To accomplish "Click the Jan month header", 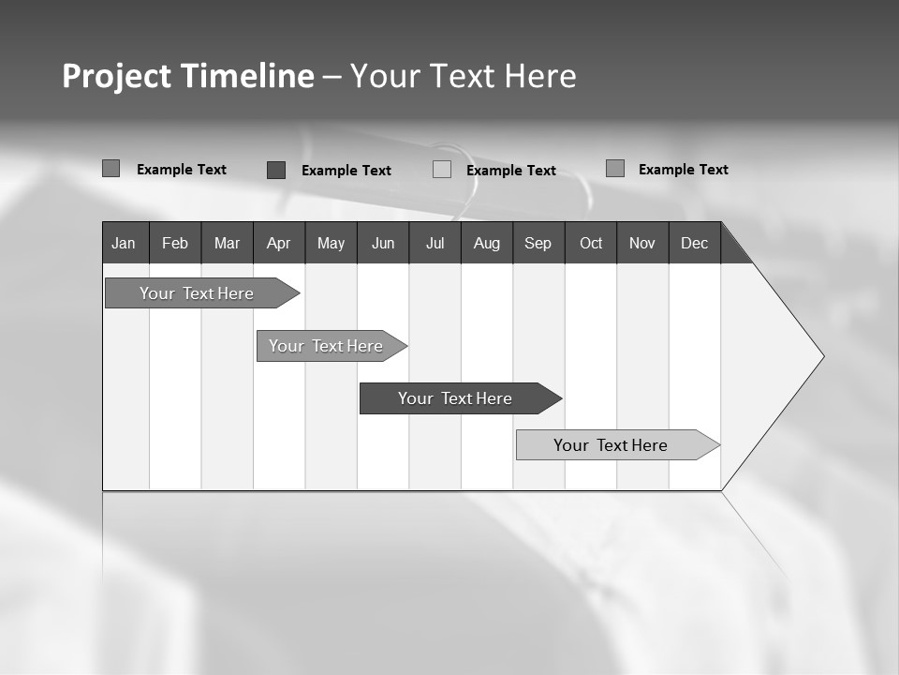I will point(125,243).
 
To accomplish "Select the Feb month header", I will point(175,243).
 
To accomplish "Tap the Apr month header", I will point(279,243).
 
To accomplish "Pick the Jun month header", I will point(383,243).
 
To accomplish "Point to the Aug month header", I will point(487,243).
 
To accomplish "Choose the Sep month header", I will point(538,243).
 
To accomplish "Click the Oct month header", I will point(591,243).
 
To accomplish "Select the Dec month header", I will point(695,243).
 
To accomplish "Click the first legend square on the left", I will point(111,169).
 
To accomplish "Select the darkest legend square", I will point(276,170).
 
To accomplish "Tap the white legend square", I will point(442,170).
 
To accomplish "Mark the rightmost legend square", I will point(615,169).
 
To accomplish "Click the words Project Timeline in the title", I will point(188,76).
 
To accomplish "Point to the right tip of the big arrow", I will point(821,356).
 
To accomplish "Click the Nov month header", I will point(642,243).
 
